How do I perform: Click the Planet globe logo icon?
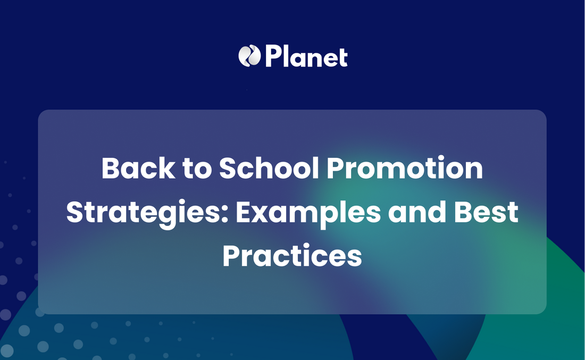point(249,56)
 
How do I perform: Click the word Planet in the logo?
point(306,56)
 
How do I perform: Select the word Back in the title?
point(138,168)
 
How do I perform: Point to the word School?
point(269,168)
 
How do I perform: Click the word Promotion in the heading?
point(405,168)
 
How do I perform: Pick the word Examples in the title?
point(308,213)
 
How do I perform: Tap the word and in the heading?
point(417,212)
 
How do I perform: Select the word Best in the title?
point(486,212)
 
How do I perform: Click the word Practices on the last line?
point(292,256)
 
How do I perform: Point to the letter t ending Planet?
point(342,58)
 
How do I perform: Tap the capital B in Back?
point(111,168)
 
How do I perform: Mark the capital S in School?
point(228,168)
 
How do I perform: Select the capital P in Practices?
point(231,256)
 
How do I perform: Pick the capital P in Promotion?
point(336,168)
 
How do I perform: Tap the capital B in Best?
point(463,212)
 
